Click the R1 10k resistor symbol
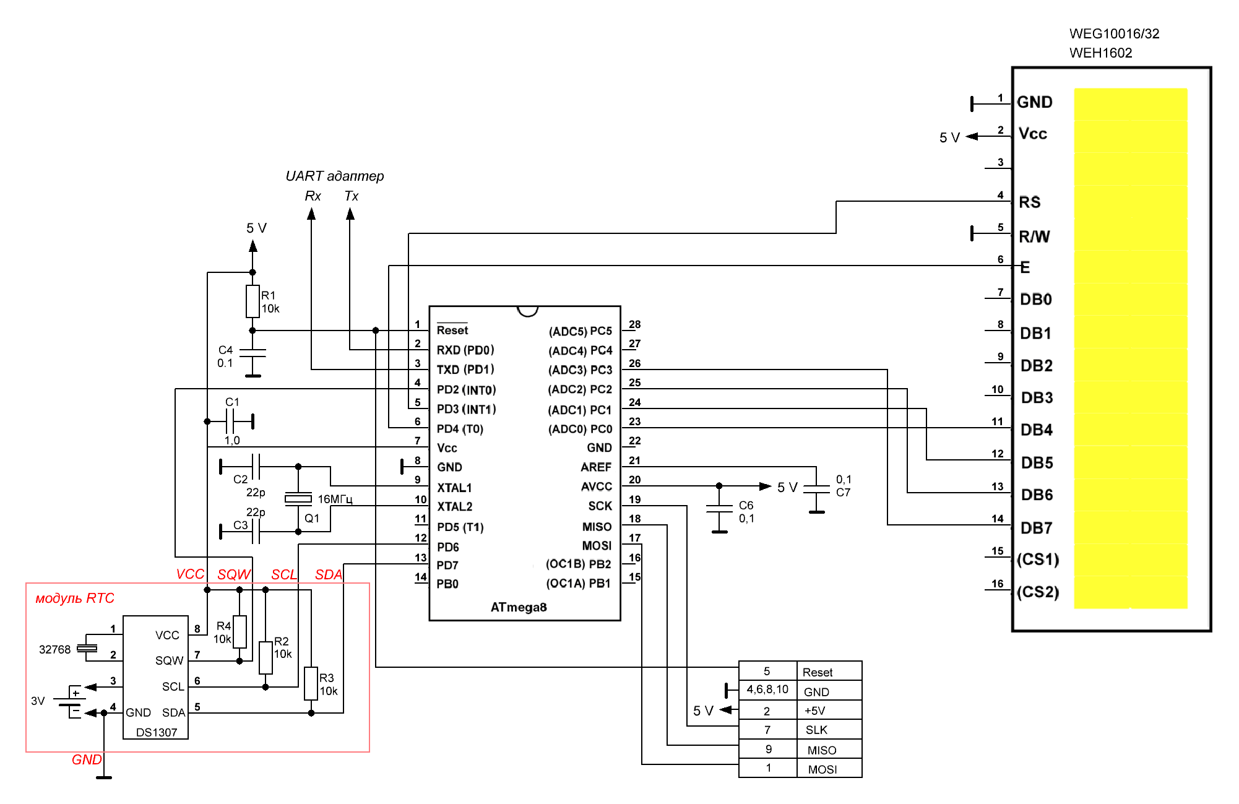[253, 301]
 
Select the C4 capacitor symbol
[253, 353]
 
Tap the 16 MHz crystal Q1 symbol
[298, 498]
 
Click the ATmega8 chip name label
[519, 607]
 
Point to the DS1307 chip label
[157, 732]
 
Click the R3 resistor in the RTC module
[311, 683]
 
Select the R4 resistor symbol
[240, 631]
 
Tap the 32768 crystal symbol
[87, 648]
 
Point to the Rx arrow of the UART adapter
[311, 215]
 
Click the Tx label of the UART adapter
[351, 196]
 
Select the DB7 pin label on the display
[1036, 528]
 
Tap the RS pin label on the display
[1030, 202]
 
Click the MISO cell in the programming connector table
[821, 750]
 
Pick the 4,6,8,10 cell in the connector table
[767, 689]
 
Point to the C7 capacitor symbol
[816, 489]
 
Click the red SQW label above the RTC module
[234, 574]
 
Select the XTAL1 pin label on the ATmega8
[454, 488]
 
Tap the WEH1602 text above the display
[1100, 53]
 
